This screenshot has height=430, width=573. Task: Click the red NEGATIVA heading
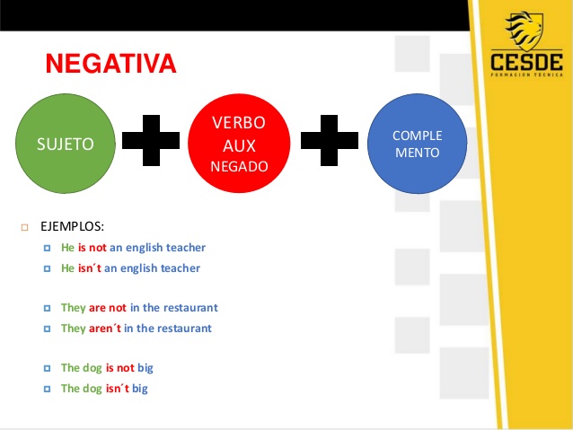pos(111,64)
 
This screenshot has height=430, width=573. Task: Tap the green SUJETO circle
pos(66,144)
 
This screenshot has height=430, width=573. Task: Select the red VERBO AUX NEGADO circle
pos(239,144)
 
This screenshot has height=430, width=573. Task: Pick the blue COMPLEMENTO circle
pos(417,144)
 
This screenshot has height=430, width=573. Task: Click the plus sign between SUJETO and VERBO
pos(151,141)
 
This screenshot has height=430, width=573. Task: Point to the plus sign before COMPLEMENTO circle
pos(330,141)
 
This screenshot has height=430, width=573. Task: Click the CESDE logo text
pos(526,63)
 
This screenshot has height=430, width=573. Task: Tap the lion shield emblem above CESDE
pos(525,31)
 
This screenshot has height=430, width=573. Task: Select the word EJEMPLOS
pos(73,226)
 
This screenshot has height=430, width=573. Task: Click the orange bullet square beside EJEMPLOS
pos(25,228)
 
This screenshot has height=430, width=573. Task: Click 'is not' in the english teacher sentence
pos(93,248)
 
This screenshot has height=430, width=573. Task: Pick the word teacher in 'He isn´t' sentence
pos(181,268)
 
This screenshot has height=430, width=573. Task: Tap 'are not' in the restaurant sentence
pos(108,308)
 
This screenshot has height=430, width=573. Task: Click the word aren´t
pos(104,329)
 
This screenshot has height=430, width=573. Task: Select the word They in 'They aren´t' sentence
pos(73,329)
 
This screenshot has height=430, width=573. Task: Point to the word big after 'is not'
pos(145,368)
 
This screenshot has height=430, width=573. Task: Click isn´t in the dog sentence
pos(118,389)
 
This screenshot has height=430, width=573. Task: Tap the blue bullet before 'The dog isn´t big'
pos(47,389)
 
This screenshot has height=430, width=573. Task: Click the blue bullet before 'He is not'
pos(47,249)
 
